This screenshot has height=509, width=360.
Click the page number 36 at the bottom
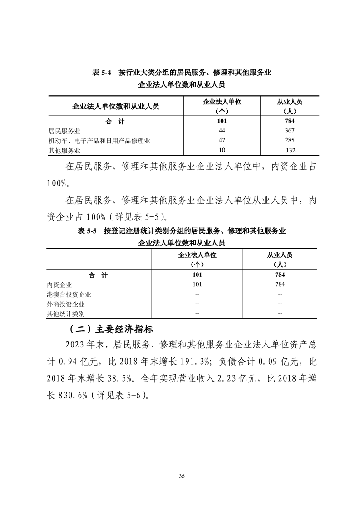tap(182, 476)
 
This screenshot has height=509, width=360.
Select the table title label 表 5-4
tap(102, 73)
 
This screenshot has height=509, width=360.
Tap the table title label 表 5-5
tap(87, 231)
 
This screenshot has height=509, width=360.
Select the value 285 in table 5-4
tap(290, 141)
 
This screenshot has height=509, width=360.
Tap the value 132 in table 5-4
tap(290, 150)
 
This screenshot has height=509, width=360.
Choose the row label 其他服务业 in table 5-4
tap(63, 151)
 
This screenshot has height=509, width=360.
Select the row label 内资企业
tap(59, 285)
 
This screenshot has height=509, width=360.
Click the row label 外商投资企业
tap(66, 304)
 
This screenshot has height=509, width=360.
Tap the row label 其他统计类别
tap(66, 314)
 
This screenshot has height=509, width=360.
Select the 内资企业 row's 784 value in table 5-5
tap(280, 285)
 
